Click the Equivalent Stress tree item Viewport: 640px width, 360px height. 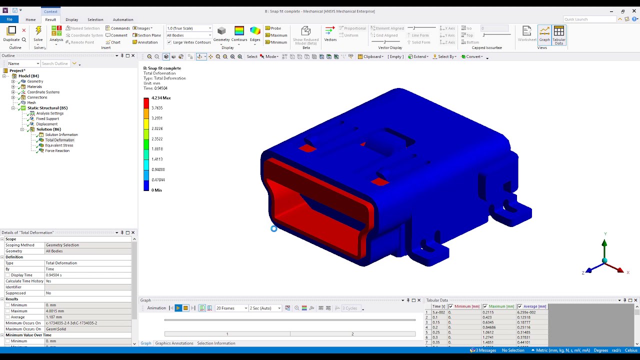tap(59, 145)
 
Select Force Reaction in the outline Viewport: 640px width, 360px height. tap(57, 150)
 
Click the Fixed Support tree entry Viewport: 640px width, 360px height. tap(47, 118)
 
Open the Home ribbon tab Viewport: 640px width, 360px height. tap(30, 19)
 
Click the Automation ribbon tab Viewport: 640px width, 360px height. tap(122, 19)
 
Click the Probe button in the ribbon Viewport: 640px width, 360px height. tap(275, 28)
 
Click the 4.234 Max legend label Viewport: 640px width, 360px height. tap(161, 98)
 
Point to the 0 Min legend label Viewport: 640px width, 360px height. tap(156, 190)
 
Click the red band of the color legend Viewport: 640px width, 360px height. tap(146, 103)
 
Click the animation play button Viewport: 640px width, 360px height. tap(178, 308)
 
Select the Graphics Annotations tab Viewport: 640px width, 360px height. tap(174, 343)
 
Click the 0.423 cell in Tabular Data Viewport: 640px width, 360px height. tap(488, 317)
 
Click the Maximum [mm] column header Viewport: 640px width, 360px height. tap(501, 306)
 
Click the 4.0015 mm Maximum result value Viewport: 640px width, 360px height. tap(55, 311)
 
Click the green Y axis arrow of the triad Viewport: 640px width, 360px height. tap(604, 244)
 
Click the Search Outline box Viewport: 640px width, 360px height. tap(55, 63)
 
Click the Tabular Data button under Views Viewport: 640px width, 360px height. tap(558, 35)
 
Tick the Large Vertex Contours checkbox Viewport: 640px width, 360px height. tap(169, 42)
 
